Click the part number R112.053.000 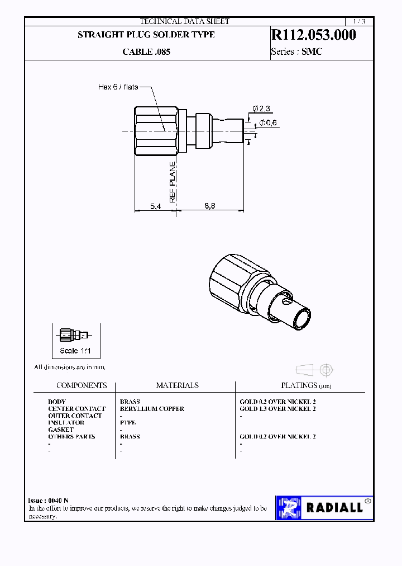(x=313, y=35)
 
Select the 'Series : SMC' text (x=296, y=52)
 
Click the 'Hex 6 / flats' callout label (x=118, y=87)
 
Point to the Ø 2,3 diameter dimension (x=261, y=107)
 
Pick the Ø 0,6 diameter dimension (x=268, y=123)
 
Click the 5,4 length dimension (x=156, y=206)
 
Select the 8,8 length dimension (x=209, y=206)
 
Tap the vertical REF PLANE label (x=173, y=182)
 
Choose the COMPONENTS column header (x=82, y=385)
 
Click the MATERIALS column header (x=177, y=385)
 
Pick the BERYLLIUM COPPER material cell (x=152, y=409)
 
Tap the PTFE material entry (x=128, y=423)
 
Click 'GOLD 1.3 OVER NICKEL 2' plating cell (x=277, y=409)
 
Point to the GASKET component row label (x=61, y=430)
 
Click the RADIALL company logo (x=324, y=508)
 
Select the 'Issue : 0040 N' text (x=49, y=500)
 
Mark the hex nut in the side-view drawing (x=155, y=130)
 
